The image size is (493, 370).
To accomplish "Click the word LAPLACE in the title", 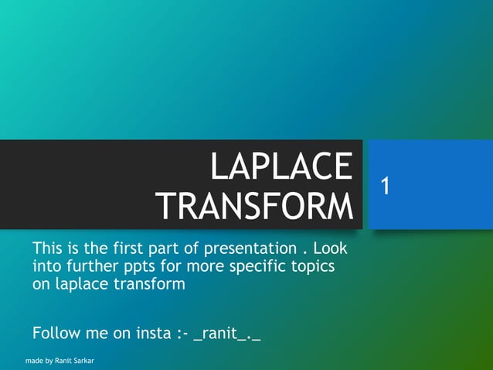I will [x=281, y=168].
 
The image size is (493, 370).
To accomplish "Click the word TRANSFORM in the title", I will [x=254, y=206].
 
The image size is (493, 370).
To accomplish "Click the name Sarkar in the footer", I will [x=80, y=361].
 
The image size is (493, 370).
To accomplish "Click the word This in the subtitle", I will [x=48, y=249].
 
